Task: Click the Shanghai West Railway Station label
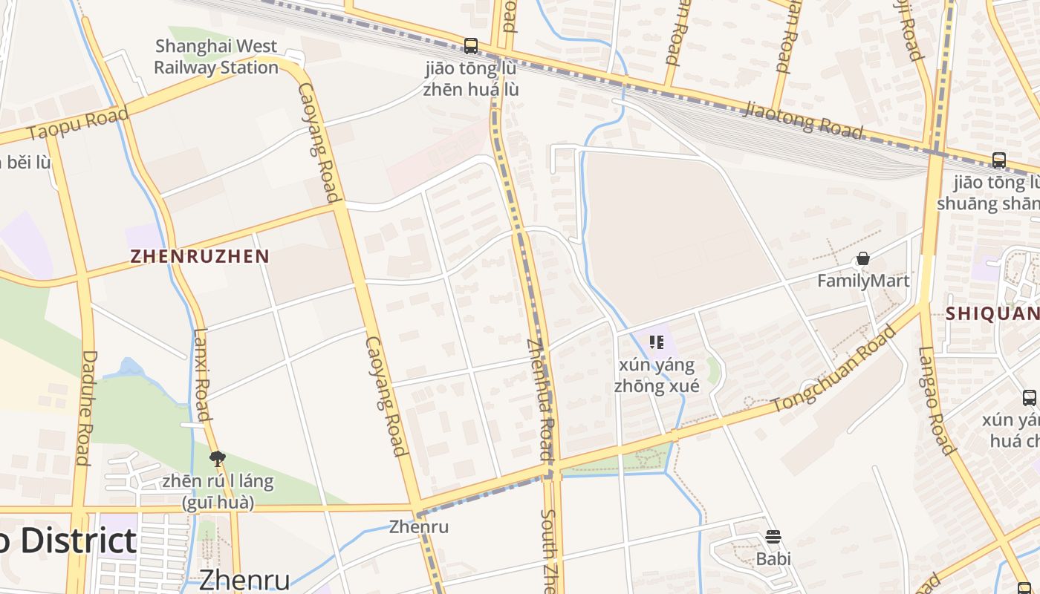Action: (216, 56)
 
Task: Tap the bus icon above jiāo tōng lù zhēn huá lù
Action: (471, 46)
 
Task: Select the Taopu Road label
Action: (78, 123)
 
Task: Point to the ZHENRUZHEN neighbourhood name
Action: (200, 257)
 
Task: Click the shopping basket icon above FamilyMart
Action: (863, 258)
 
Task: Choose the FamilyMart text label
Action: (863, 281)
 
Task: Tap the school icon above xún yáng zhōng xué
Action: (656, 342)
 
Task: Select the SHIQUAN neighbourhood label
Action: (992, 314)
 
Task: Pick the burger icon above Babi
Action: (773, 537)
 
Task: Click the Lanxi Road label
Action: (201, 385)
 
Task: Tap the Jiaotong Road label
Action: (804, 120)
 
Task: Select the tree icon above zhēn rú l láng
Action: (218, 458)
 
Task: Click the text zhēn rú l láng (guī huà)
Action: (218, 492)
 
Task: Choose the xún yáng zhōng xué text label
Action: (656, 376)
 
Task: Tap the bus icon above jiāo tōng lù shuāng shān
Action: (999, 160)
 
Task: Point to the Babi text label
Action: (773, 558)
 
